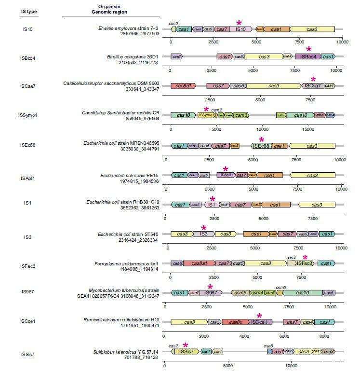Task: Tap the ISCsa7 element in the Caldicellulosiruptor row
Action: tap(312, 86)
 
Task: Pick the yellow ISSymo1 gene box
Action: tap(206, 115)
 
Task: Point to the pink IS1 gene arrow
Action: tap(212, 205)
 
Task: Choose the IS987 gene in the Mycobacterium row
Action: tap(211, 292)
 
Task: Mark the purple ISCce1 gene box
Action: tap(261, 322)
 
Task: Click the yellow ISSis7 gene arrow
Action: tap(186, 351)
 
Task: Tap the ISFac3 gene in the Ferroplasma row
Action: tap(305, 263)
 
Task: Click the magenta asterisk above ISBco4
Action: tap(309, 49)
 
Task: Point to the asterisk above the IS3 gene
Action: tap(204, 228)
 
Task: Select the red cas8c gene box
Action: tap(236, 322)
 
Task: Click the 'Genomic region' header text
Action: tap(106, 13)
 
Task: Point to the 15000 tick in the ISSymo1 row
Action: tap(308, 129)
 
